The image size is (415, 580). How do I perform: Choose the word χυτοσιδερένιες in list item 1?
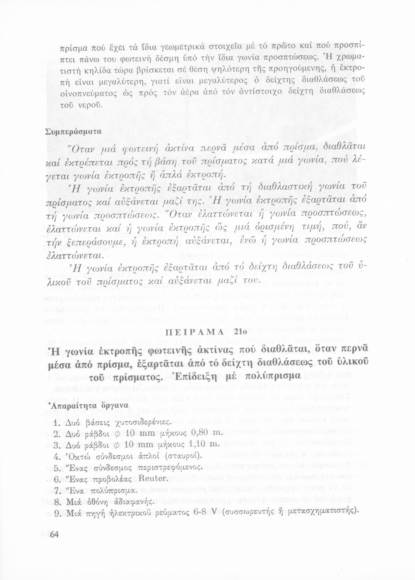(137, 421)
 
